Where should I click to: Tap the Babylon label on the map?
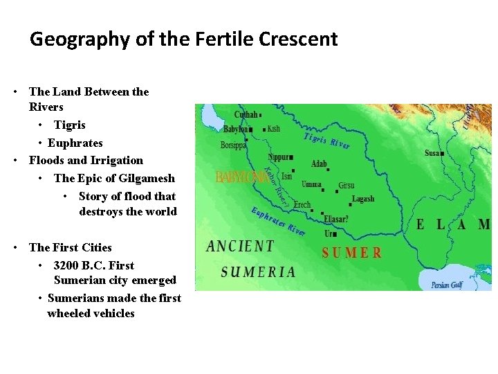[x=235, y=129]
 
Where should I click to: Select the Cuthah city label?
[x=246, y=114]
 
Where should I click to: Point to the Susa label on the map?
[x=432, y=153]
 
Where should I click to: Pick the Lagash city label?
[x=363, y=199]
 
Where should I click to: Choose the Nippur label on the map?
[x=279, y=157]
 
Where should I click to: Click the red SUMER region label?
[x=351, y=253]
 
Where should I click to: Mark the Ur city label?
[x=329, y=234]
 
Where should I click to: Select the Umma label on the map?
[x=312, y=184]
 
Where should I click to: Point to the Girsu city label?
[x=346, y=186]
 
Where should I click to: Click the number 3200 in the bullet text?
[x=66, y=265]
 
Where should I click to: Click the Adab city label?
[x=319, y=164]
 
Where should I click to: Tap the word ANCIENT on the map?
[x=240, y=246]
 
